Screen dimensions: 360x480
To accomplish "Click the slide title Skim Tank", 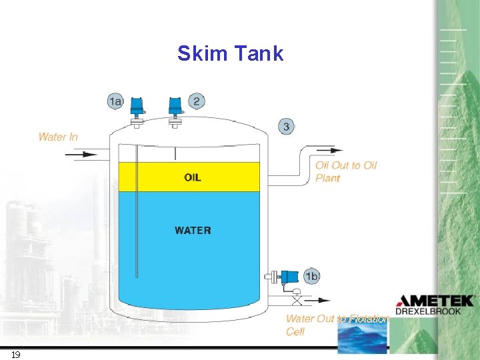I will point(230,53).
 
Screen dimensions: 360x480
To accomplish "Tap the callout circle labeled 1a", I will point(115,101).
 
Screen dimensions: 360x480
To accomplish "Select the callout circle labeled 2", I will point(196,101).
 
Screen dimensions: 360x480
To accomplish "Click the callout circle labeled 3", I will point(286,126).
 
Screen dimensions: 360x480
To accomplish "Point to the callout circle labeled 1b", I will point(311,276).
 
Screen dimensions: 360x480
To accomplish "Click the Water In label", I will point(58,137).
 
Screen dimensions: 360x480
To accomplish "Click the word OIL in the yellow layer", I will point(193,177).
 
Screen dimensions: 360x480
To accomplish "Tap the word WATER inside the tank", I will point(193,231).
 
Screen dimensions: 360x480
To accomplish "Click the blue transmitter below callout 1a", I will point(137,106).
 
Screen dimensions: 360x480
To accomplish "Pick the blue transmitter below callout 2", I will point(175,106).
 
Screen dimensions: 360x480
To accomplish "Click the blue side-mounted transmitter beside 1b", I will point(289,276).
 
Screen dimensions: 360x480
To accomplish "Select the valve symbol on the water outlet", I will point(296,293).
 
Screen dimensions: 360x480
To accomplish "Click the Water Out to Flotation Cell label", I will point(336,325).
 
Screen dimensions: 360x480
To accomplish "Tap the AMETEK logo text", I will point(435,301).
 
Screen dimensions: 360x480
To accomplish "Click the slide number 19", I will point(15,354).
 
